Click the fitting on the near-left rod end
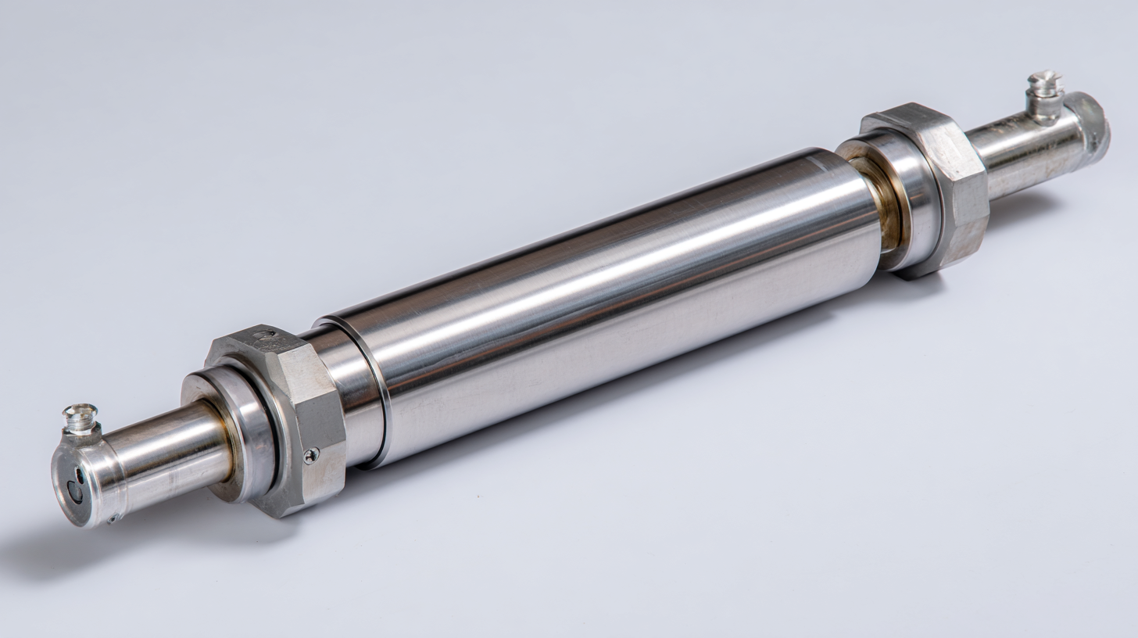pyautogui.click(x=81, y=419)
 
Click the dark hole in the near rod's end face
pyautogui.click(x=75, y=491)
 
